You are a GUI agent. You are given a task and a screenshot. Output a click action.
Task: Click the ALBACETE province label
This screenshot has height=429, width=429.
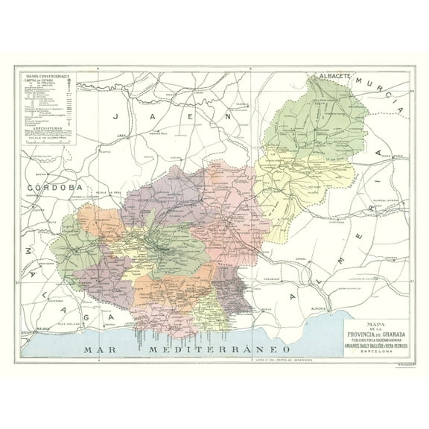pyautogui.click(x=336, y=77)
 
